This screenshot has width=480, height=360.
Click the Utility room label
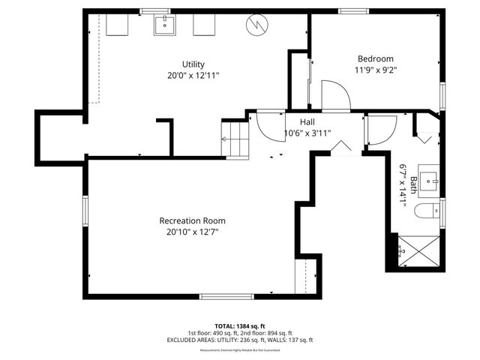pos(193,64)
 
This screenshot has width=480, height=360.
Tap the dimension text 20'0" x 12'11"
pos(193,76)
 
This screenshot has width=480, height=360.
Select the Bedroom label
pos(375,58)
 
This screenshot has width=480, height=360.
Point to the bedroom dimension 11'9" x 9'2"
pos(375,70)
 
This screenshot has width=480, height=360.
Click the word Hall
pos(307,121)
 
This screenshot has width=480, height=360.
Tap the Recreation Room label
pos(192,220)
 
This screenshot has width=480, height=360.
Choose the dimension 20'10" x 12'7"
pos(192,232)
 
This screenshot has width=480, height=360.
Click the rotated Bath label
pos(413,184)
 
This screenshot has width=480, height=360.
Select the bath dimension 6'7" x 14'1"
pos(403,190)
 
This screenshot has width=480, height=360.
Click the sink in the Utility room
pos(164,25)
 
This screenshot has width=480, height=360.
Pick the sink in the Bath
pos(430,180)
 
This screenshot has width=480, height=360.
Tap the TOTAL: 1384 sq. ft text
pos(240,325)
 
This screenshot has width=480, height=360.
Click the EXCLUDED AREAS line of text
pos(240,340)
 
